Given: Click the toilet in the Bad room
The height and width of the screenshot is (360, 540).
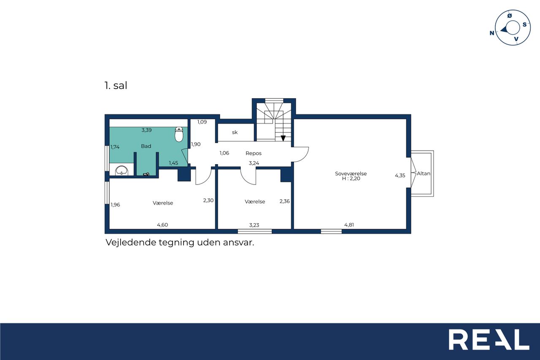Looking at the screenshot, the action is [178, 135].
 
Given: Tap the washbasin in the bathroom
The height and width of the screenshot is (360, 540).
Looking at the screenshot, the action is [121, 171].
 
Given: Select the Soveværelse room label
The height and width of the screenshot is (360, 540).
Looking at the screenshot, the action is [351, 173].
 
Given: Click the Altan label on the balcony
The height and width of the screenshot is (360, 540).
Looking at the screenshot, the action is [424, 173].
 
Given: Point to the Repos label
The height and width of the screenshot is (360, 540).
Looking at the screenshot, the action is [254, 153].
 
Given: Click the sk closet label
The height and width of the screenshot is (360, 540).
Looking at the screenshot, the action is [235, 133].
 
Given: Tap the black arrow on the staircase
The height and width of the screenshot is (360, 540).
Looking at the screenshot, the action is [283, 138].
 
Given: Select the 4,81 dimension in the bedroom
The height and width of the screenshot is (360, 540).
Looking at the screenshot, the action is [349, 225].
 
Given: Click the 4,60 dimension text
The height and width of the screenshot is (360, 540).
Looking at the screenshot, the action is [162, 225].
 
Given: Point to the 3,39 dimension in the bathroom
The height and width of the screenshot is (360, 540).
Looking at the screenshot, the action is [146, 130].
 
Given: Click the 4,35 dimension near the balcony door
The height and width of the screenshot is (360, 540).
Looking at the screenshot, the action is [400, 176].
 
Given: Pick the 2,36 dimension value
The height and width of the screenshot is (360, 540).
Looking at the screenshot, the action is [285, 201].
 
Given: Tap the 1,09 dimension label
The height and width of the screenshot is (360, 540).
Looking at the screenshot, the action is [202, 122].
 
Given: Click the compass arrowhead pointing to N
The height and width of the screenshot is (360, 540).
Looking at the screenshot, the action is [504, 30].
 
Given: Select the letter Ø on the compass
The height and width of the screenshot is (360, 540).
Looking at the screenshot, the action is [510, 16].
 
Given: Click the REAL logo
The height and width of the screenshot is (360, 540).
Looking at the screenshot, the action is [489, 339].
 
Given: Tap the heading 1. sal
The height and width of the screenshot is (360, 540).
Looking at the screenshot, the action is [116, 86].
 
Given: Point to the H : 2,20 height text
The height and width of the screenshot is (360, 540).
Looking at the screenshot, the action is [351, 179].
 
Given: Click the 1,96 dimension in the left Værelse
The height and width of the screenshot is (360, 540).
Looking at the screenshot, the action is [115, 205].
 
